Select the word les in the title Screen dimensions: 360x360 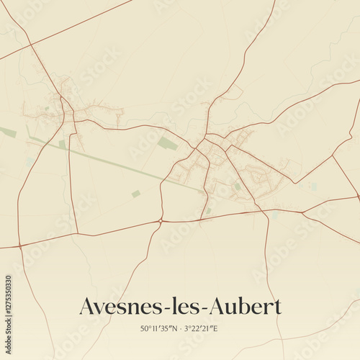[x=184, y=307]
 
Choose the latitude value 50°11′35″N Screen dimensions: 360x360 [x=158, y=328]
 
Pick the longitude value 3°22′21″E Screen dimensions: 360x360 [x=201, y=328]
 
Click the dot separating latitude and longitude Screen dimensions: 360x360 [x=180, y=328]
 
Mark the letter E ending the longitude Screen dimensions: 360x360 [x=215, y=328]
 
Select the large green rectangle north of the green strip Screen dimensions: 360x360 [x=168, y=143]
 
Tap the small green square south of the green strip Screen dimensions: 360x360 [x=135, y=194]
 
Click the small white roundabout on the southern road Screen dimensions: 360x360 [x=161, y=220]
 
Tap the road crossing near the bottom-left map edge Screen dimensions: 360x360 [x=20, y=246]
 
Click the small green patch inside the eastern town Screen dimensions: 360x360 [x=237, y=186]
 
